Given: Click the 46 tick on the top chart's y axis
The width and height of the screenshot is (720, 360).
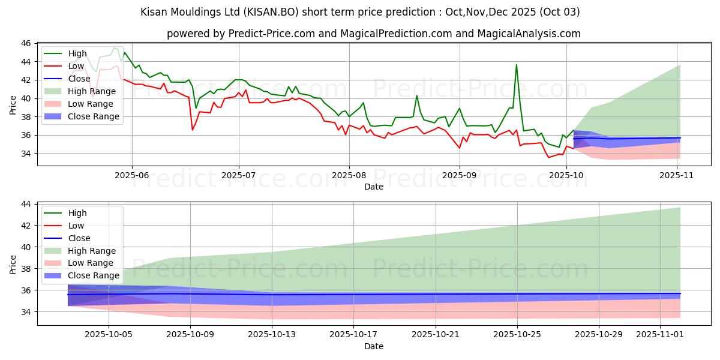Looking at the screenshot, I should pos(26,44).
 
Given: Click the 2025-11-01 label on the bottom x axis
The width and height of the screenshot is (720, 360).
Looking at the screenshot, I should pos(660,334).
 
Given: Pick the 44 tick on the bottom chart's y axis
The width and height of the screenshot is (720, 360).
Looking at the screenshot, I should pos(26,204).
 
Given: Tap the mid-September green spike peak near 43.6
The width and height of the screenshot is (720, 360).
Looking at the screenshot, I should pos(516,65).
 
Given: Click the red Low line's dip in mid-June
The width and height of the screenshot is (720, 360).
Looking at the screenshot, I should pos(193,130).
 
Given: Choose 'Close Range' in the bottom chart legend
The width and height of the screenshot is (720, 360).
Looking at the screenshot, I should pos(94,275).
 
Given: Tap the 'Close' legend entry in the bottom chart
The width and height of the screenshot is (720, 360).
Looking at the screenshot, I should pos(79,238).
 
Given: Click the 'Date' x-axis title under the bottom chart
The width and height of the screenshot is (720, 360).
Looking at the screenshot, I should pos(373,346).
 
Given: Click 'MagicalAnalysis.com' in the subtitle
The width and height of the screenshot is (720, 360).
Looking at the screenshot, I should pos(529,34).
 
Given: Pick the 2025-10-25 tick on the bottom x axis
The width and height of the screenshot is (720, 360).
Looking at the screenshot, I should pos(517,334).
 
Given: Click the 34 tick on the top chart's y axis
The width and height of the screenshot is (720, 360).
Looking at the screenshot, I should pos(26,154).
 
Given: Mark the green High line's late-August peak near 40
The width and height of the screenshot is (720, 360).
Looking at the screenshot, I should pos(417,95).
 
